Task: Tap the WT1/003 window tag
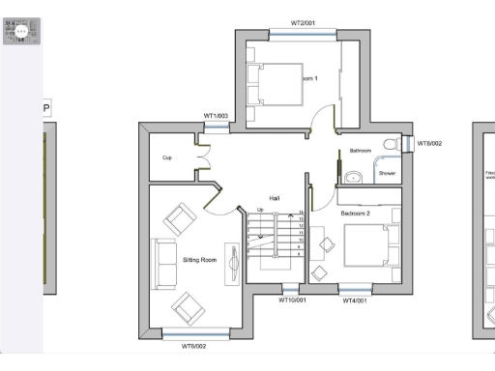pyautogui.click(x=216, y=116)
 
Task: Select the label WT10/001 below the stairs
pyautogui.click(x=292, y=300)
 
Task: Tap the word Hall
pyautogui.click(x=275, y=199)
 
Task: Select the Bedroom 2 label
pyautogui.click(x=356, y=212)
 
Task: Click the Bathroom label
pyautogui.click(x=361, y=152)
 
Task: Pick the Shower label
pyautogui.click(x=387, y=173)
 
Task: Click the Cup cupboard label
pyautogui.click(x=166, y=157)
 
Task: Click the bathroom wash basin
pyautogui.click(x=354, y=175)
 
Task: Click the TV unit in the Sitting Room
pyautogui.click(x=232, y=263)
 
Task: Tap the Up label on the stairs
pyautogui.click(x=259, y=209)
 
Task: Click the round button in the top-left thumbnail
pyautogui.click(x=21, y=31)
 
